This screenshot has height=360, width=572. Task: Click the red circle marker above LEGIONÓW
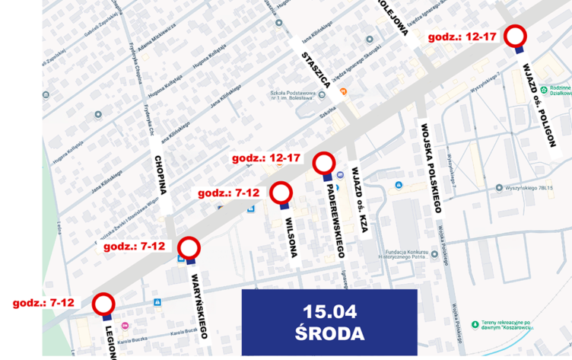click(x=103, y=304)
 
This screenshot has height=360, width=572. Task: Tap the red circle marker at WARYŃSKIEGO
click(x=189, y=248)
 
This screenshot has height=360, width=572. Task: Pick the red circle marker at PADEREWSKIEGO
click(x=325, y=163)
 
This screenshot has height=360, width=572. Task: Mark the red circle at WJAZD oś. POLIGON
click(x=517, y=35)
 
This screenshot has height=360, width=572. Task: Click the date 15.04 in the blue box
click(x=329, y=311)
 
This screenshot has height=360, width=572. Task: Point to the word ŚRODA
click(x=329, y=333)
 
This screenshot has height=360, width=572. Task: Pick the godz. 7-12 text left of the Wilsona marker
click(x=229, y=193)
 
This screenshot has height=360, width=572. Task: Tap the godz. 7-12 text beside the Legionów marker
click(x=43, y=302)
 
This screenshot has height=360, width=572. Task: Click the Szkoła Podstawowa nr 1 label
click(x=292, y=96)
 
